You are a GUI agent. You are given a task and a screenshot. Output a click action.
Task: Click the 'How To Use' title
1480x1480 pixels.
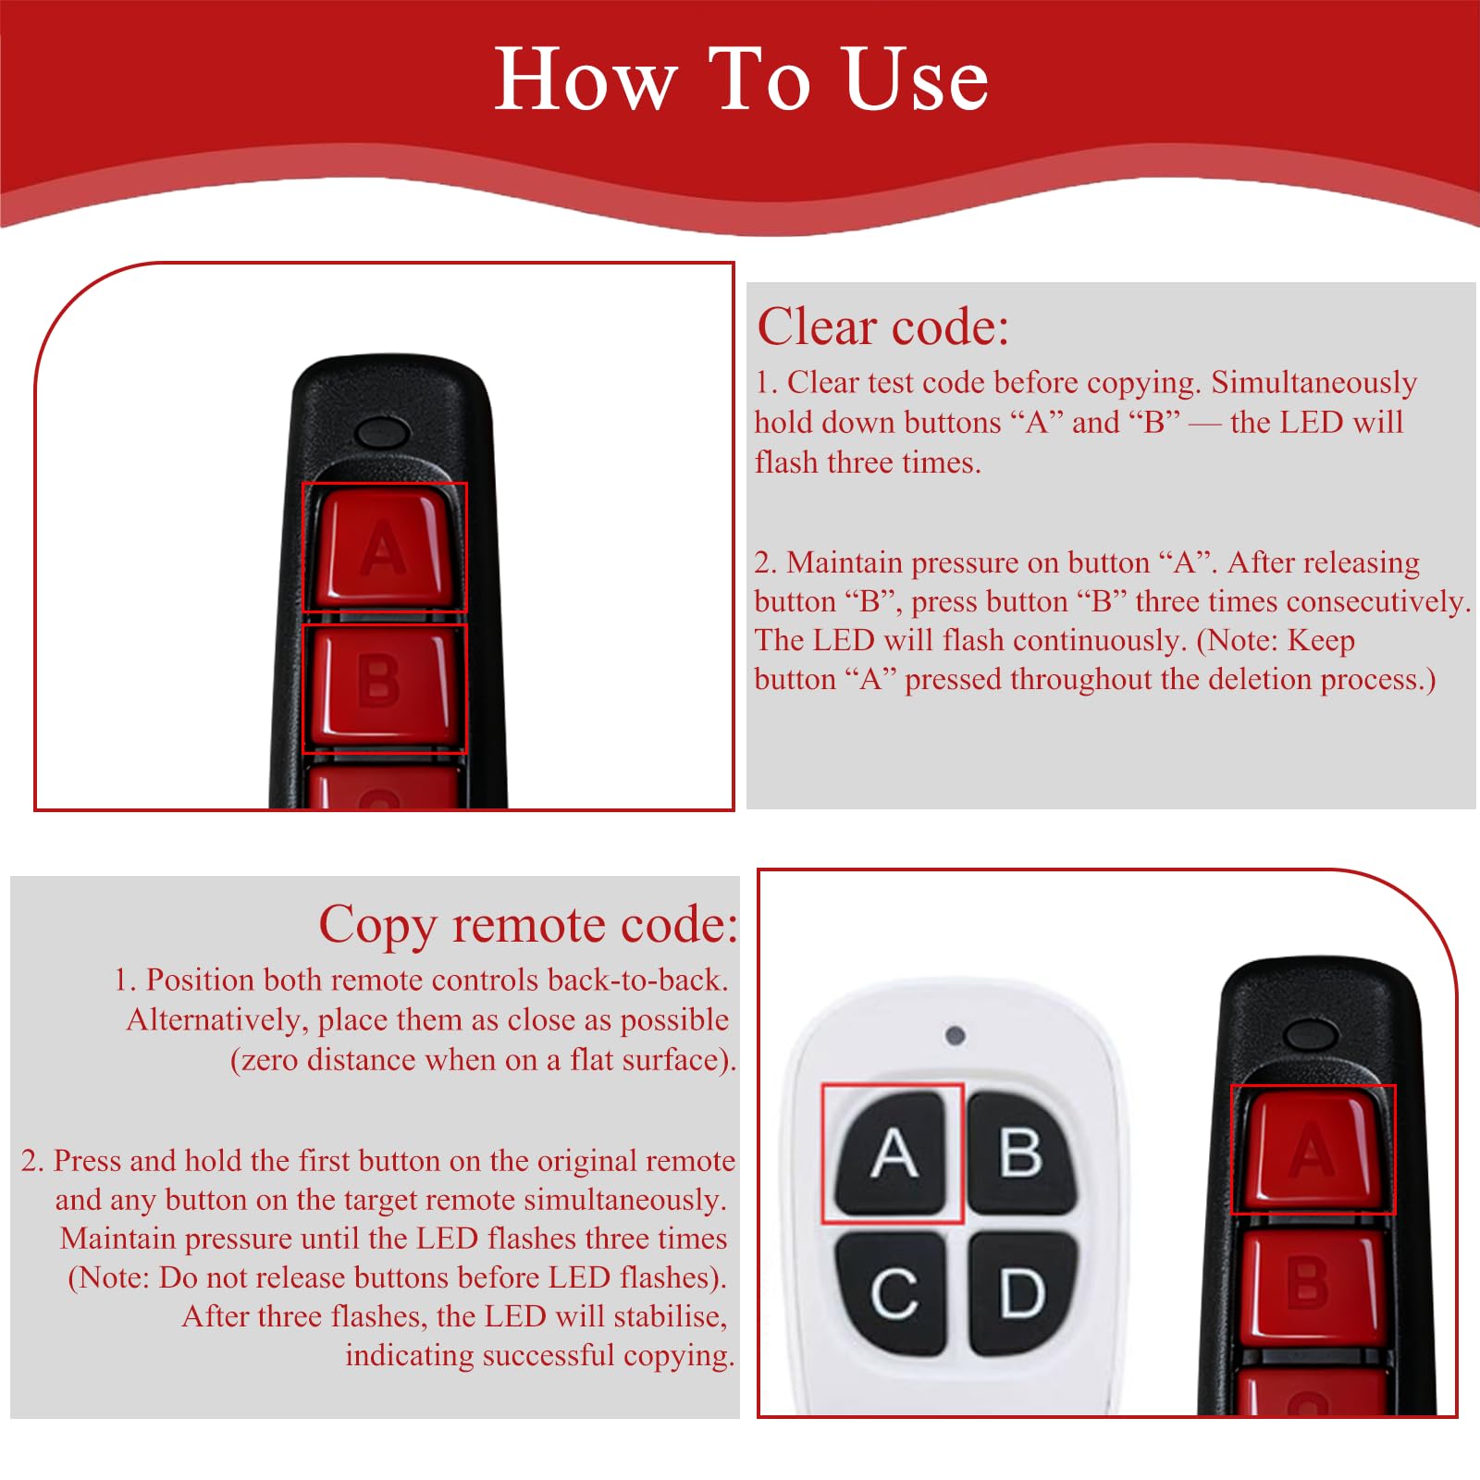pyautogui.click(x=741, y=80)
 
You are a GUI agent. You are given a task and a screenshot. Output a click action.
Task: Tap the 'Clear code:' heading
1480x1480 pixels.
pyautogui.click(x=882, y=327)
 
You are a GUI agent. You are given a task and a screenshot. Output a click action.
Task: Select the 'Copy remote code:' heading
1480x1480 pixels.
pyautogui.click(x=528, y=925)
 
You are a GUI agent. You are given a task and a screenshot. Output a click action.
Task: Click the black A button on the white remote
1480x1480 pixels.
pyautogui.click(x=892, y=1153)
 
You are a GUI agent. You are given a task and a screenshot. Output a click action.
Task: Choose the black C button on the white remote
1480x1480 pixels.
pyautogui.click(x=892, y=1292)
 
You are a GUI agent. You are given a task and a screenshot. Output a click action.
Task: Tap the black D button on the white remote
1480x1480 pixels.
pyautogui.click(x=1023, y=1292)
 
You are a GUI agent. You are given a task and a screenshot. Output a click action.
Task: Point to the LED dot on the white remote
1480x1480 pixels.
pyautogui.click(x=956, y=1035)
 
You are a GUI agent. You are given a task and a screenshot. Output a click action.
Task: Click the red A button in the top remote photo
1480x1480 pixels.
pyautogui.click(x=384, y=548)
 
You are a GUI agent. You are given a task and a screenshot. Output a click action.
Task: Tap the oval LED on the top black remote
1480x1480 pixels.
pyautogui.click(x=382, y=431)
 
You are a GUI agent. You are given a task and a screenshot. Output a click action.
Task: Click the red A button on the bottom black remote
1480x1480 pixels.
pyautogui.click(x=1312, y=1150)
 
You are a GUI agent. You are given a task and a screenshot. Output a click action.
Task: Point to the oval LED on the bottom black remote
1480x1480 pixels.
pyautogui.click(x=1313, y=1033)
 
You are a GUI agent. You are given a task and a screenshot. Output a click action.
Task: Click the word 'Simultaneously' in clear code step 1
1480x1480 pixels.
pyautogui.click(x=1313, y=383)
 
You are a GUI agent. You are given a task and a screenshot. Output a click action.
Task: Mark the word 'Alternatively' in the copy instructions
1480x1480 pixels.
pyautogui.click(x=218, y=1020)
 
